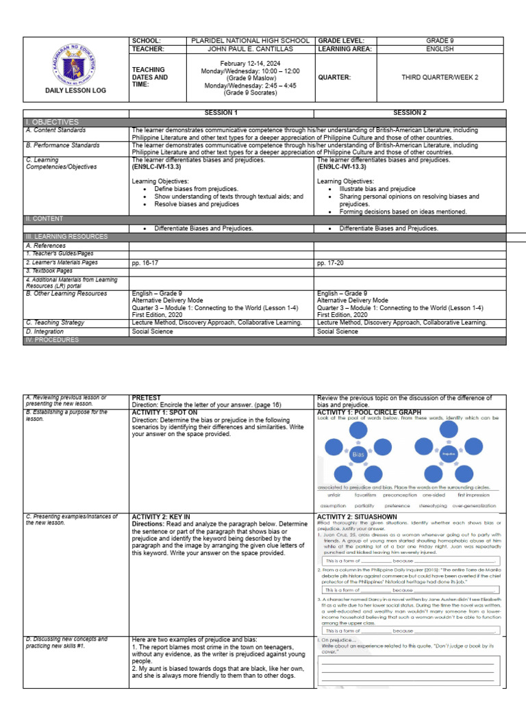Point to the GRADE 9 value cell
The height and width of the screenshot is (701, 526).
click(x=439, y=40)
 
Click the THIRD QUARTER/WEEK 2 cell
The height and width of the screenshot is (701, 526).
click(x=439, y=77)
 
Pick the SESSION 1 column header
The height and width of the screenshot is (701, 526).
click(x=221, y=112)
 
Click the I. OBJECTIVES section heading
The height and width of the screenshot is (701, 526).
click(x=52, y=121)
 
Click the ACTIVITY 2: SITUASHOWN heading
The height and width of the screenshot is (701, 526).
click(x=356, y=517)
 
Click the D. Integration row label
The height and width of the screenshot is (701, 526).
click(x=47, y=331)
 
